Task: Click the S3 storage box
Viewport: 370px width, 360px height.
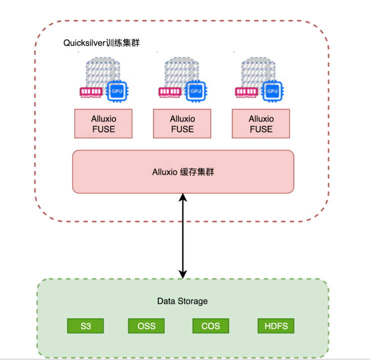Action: pyautogui.click(x=85, y=326)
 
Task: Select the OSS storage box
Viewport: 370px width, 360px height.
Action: pyautogui.click(x=146, y=326)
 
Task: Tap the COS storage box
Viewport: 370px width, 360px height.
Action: pyautogui.click(x=210, y=326)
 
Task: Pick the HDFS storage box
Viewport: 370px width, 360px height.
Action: pyautogui.click(x=276, y=326)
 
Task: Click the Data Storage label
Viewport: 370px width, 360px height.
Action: pyautogui.click(x=182, y=301)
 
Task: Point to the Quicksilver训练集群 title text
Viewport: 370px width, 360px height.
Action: pyautogui.click(x=101, y=43)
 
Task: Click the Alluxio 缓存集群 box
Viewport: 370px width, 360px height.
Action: pyautogui.click(x=183, y=171)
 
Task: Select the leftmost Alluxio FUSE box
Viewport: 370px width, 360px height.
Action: pyautogui.click(x=103, y=124)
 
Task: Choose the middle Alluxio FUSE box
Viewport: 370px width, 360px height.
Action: pyautogui.click(x=182, y=124)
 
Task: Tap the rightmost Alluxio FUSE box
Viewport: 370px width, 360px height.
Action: pyautogui.click(x=261, y=124)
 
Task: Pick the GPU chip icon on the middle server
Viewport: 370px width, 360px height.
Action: pyautogui.click(x=195, y=91)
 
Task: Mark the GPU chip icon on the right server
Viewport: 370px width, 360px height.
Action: pyautogui.click(x=272, y=91)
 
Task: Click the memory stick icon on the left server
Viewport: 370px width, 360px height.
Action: pyautogui.click(x=91, y=91)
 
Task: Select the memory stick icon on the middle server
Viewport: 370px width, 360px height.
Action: pyautogui.click(x=170, y=91)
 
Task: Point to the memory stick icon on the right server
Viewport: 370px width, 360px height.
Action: pyautogui.click(x=247, y=91)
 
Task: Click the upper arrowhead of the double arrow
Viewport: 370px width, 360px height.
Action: pyautogui.click(x=183, y=197)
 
